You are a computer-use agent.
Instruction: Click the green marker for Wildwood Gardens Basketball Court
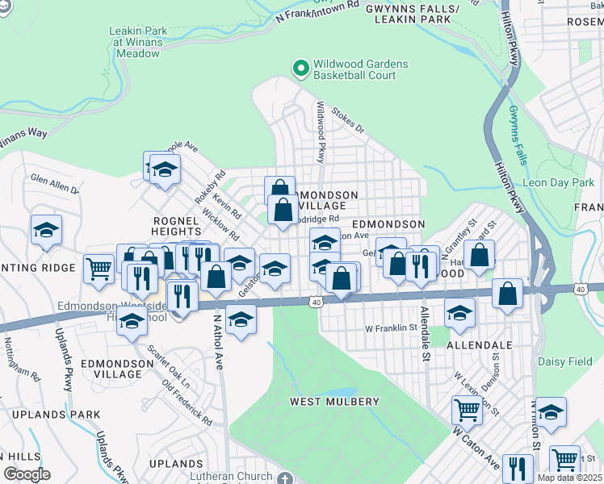pyautogui.click(x=301, y=69)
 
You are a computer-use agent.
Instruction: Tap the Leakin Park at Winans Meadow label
pyautogui.click(x=138, y=42)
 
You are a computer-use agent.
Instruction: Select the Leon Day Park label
pyautogui.click(x=558, y=183)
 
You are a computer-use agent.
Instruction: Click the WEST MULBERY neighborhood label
pyautogui.click(x=334, y=402)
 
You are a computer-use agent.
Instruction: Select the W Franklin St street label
pyautogui.click(x=390, y=328)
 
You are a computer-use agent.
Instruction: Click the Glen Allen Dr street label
pyautogui.click(x=54, y=183)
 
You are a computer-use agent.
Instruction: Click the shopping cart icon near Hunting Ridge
pyautogui.click(x=99, y=269)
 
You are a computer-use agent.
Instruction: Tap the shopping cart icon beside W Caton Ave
pyautogui.click(x=468, y=410)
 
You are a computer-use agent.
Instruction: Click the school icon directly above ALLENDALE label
pyautogui.click(x=459, y=313)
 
